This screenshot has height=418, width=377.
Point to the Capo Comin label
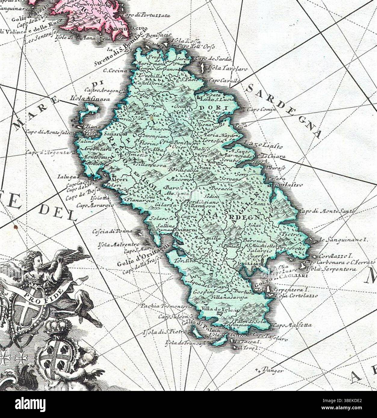[x=261, y=110]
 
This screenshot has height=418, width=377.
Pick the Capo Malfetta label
[x=292, y=325]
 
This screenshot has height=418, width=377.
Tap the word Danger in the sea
[x=273, y=370]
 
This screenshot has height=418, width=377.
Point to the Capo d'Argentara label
[x=50, y=153]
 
